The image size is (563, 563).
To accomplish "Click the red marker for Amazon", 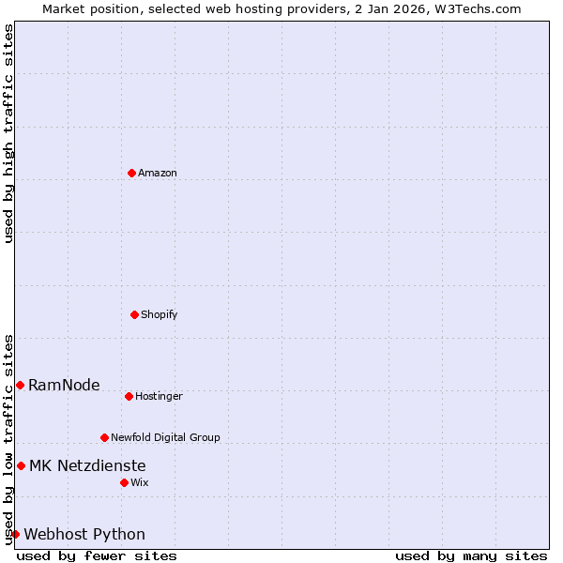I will point(131,173).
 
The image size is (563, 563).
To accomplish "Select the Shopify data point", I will point(134,314).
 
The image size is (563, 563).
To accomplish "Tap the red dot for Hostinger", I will point(129,396).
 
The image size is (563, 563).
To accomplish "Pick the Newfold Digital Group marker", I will point(104,437).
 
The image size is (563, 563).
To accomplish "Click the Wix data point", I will point(124,482).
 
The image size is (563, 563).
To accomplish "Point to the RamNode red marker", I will point(20,385).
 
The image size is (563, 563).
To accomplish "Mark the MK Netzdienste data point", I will point(21,465).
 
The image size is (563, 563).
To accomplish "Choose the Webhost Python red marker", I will point(15,534).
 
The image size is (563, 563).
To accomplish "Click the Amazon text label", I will point(158,173).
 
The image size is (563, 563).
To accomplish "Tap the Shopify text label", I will point(160,314).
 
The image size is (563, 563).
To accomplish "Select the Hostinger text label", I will point(159,396).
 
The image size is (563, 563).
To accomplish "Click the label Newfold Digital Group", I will point(165,437).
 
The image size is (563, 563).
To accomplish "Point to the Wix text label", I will point(139,482).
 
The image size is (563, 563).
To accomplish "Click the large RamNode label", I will point(64,385).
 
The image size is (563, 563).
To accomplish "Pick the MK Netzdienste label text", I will point(87,465).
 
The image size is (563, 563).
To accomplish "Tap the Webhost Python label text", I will point(84,534).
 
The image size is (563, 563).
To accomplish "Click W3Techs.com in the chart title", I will point(477,8).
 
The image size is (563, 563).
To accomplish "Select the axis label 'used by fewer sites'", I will point(97,555).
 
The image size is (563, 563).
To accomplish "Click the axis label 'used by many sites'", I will point(471,555).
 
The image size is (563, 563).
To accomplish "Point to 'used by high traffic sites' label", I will point(8,133).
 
